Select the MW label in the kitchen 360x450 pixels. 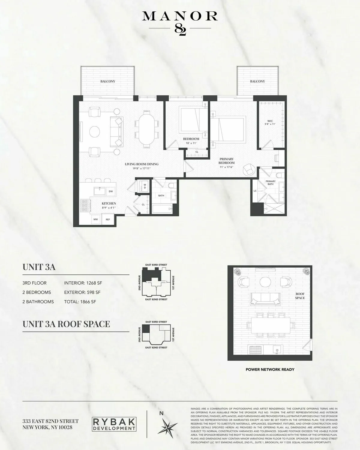coord(96,220)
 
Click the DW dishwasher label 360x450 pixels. coord(111,191)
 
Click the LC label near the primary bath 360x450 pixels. coord(255,191)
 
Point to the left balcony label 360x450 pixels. coord(108,81)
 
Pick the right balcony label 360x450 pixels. coord(257,81)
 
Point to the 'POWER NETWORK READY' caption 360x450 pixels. coord(270,370)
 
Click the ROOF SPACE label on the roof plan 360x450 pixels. coord(300,296)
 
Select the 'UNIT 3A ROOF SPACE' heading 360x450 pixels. coord(66,324)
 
